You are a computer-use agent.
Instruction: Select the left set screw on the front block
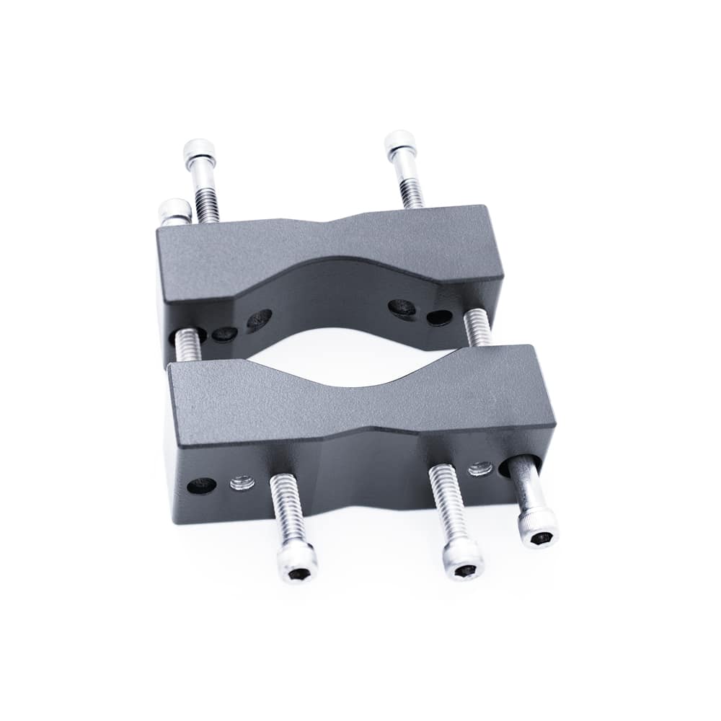[x=242, y=482]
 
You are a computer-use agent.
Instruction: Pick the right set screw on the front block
[x=480, y=469]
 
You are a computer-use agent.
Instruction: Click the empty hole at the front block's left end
[x=201, y=485]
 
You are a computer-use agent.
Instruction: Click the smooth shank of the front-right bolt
[x=528, y=487]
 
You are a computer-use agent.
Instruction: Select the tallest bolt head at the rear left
[x=199, y=153]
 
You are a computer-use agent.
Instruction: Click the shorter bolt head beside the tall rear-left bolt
[x=174, y=212]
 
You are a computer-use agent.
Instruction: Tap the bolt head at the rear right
[x=400, y=145]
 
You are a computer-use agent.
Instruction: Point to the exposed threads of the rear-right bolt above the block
[x=412, y=191]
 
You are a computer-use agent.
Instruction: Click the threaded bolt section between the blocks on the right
[x=477, y=328]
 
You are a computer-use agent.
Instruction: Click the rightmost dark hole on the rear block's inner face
[x=439, y=317]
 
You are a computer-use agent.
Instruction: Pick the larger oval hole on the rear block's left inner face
[x=259, y=319]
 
